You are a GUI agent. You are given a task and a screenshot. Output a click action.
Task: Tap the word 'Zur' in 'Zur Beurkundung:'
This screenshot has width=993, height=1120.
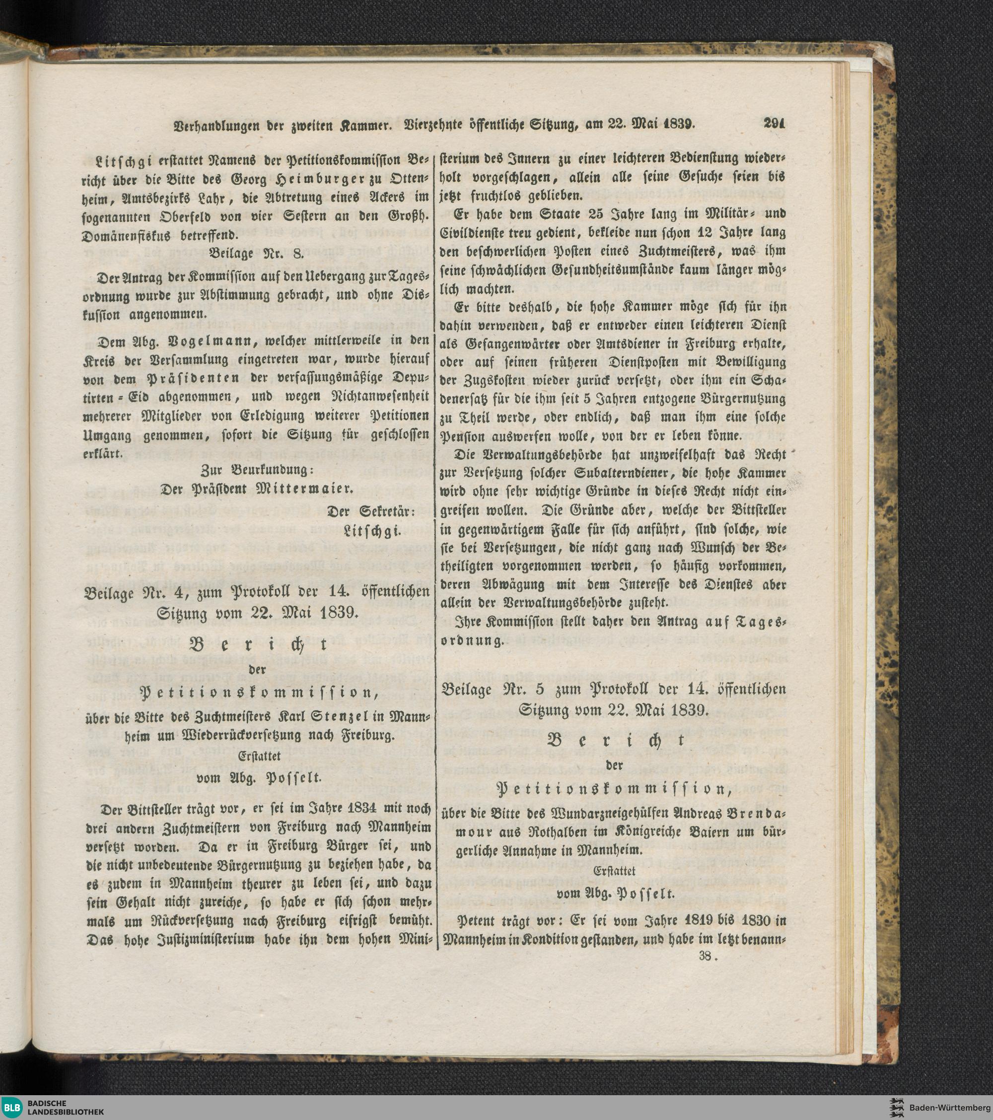(213, 470)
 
